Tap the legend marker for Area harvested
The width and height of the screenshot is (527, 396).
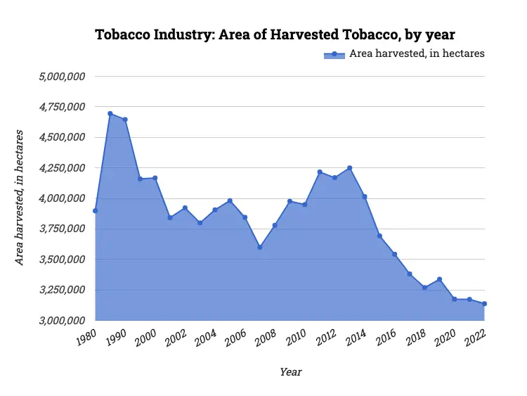(334, 54)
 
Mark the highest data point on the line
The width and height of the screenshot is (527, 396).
(110, 113)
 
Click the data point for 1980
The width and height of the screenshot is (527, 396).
(95, 211)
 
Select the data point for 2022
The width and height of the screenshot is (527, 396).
(484, 304)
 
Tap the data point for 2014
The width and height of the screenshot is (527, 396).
(365, 197)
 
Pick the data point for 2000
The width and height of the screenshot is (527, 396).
(155, 178)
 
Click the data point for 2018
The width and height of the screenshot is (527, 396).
(424, 288)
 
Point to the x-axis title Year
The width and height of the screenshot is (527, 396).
(290, 371)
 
